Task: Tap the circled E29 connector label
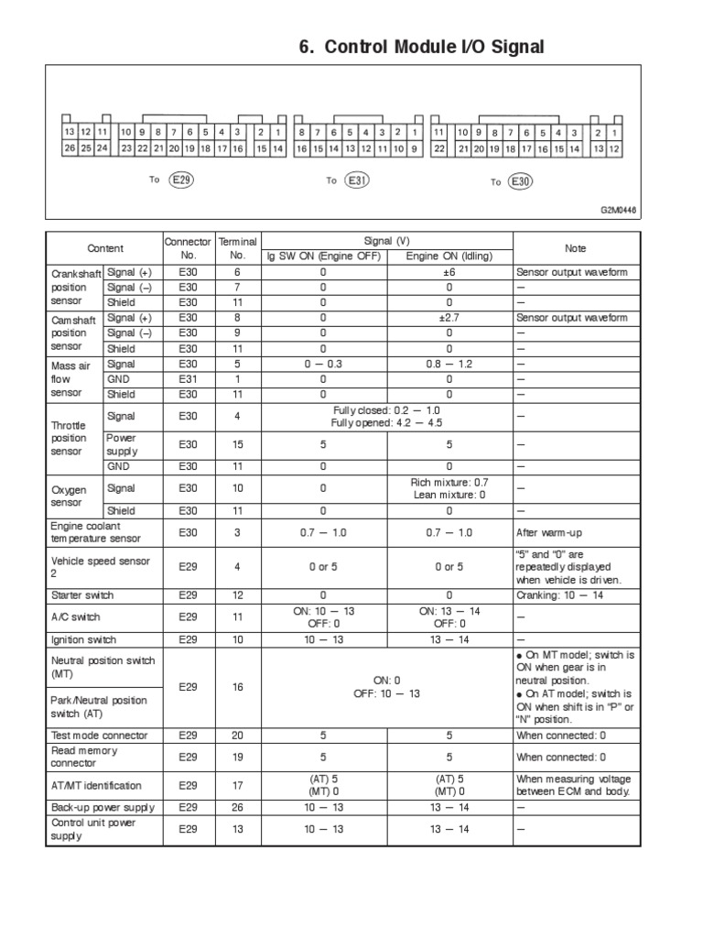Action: tap(182, 180)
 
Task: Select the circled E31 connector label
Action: tap(357, 180)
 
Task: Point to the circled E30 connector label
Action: tap(520, 181)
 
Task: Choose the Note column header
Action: tap(575, 248)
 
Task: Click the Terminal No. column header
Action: tap(236, 248)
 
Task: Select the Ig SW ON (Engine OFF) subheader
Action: tap(322, 256)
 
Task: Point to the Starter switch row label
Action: tap(82, 594)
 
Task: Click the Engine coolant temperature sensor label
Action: tap(97, 532)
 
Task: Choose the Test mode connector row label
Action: tap(98, 735)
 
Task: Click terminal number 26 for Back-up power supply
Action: tap(236, 807)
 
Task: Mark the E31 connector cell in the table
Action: tap(188, 378)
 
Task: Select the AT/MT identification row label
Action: tap(96, 785)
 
